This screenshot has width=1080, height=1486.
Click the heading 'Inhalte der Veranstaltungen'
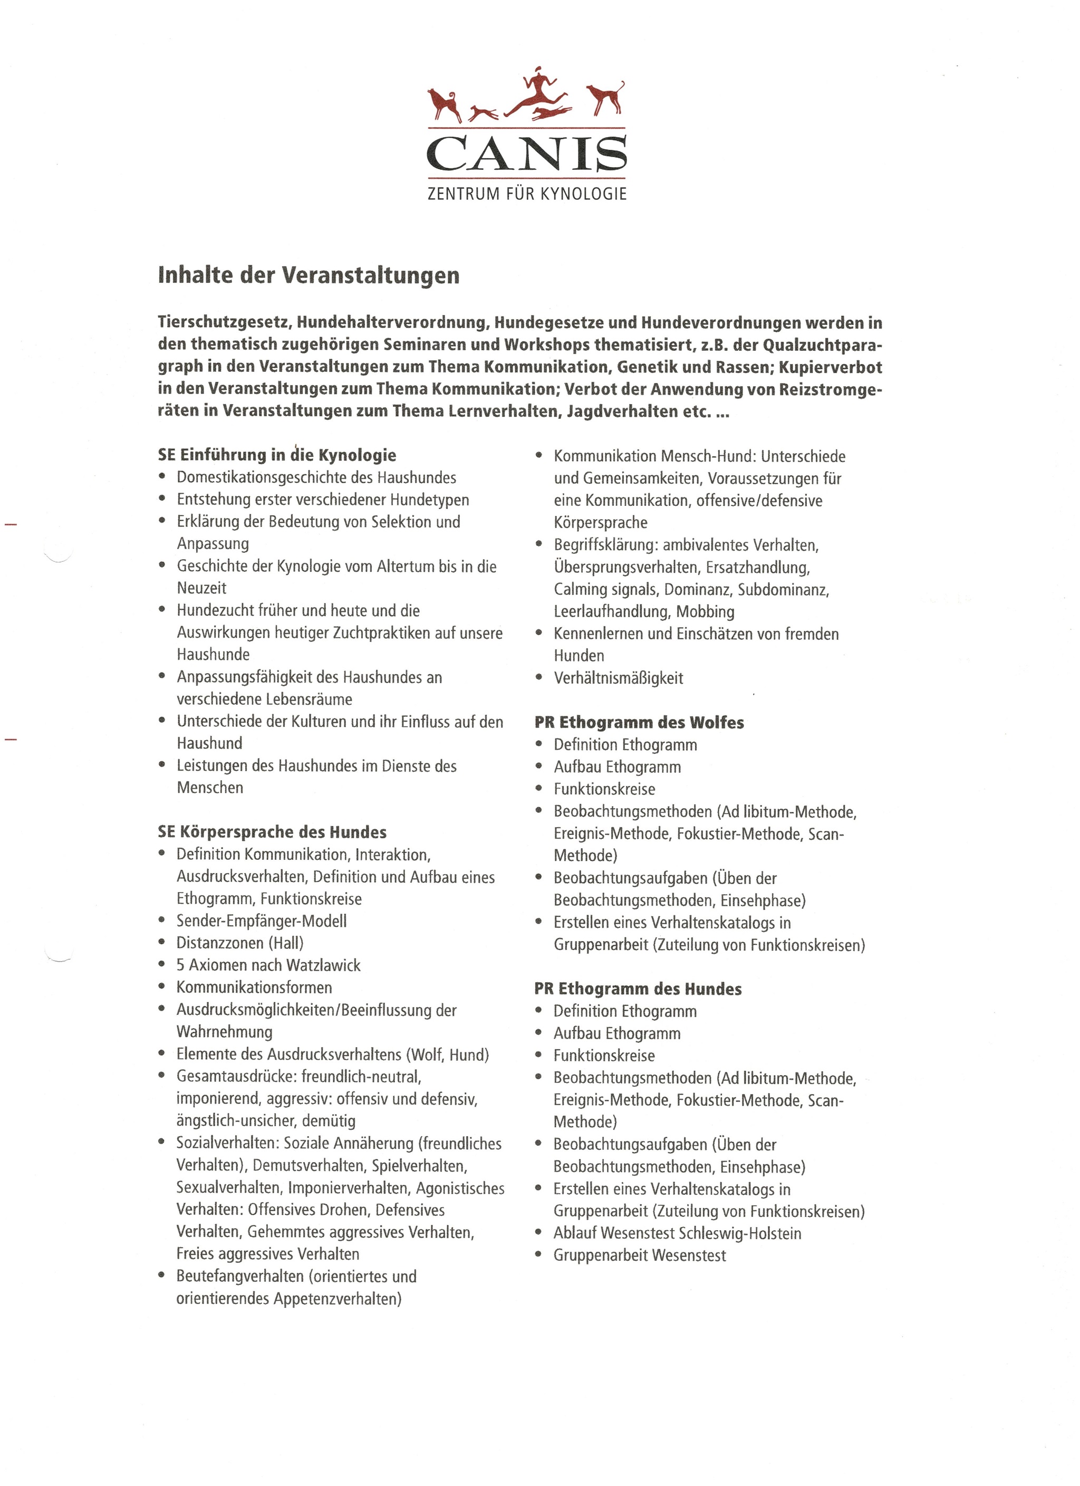[x=308, y=275]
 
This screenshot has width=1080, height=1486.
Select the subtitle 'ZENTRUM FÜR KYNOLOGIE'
[x=527, y=194]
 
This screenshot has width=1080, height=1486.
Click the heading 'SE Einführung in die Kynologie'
[x=277, y=455]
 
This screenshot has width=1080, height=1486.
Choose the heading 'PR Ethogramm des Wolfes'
[x=639, y=723]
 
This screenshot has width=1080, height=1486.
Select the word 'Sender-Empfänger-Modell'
[x=262, y=921]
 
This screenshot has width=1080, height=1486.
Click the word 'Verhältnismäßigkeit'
[x=618, y=678]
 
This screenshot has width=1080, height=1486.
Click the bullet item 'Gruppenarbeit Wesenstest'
[x=639, y=1255]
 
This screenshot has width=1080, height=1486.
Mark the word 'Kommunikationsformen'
[x=254, y=988]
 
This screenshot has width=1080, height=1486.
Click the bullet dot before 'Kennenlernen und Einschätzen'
[x=539, y=634]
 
